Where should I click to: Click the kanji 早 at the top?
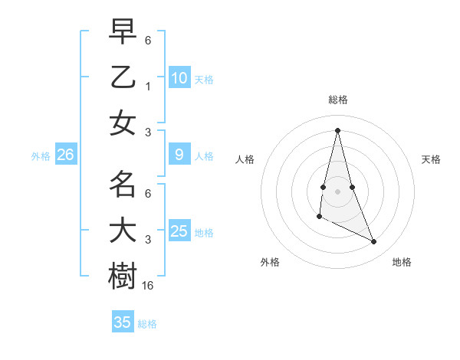[123, 32]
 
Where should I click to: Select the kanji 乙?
[123, 77]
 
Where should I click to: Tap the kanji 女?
[123, 123]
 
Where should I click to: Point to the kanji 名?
[123, 185]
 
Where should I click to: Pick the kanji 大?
[123, 231]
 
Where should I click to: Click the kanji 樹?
[123, 276]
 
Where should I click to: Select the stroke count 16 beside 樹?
[149, 285]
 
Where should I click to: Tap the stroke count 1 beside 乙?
[148, 87]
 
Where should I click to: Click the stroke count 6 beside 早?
[148, 41]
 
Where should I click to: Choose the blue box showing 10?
[179, 77]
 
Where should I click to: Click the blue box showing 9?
[179, 155]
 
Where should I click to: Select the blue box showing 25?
[179, 231]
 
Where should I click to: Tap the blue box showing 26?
[66, 155]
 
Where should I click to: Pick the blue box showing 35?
[123, 322]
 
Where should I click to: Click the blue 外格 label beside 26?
[41, 156]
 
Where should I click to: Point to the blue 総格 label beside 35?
[147, 324]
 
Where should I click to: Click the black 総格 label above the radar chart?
[337, 100]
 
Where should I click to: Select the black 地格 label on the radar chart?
[402, 262]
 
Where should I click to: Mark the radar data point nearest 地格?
[374, 241]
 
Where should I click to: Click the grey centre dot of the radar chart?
[337, 190]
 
